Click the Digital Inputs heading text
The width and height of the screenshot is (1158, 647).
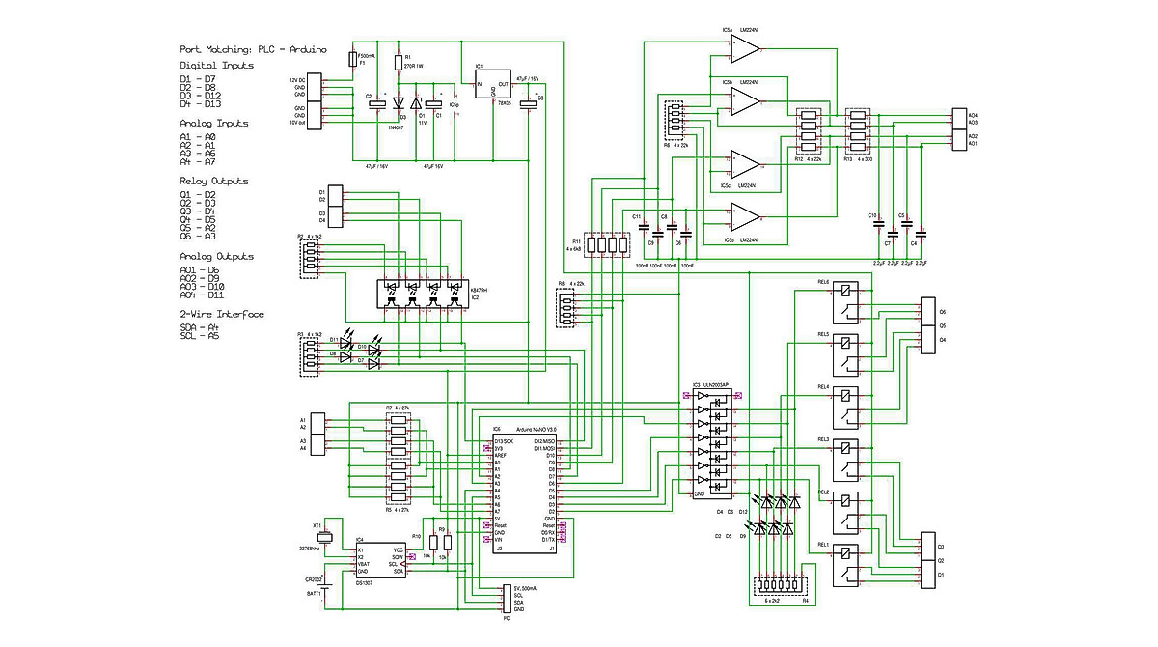click(217, 66)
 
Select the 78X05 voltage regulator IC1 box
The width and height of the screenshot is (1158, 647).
click(493, 90)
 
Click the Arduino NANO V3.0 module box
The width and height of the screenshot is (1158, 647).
click(523, 492)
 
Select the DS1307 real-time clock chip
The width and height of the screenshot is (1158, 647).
click(379, 561)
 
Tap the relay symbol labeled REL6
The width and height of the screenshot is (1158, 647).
click(846, 300)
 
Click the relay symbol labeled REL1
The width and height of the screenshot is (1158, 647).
click(846, 566)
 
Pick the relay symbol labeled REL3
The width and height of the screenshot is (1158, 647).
click(846, 460)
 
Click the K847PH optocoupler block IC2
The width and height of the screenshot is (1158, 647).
click(421, 295)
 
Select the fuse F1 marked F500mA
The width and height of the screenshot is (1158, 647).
click(353, 60)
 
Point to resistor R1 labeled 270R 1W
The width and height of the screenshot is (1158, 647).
click(398, 63)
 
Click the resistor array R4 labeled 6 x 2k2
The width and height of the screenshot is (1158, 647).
click(782, 585)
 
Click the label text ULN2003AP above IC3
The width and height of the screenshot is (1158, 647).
click(723, 384)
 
